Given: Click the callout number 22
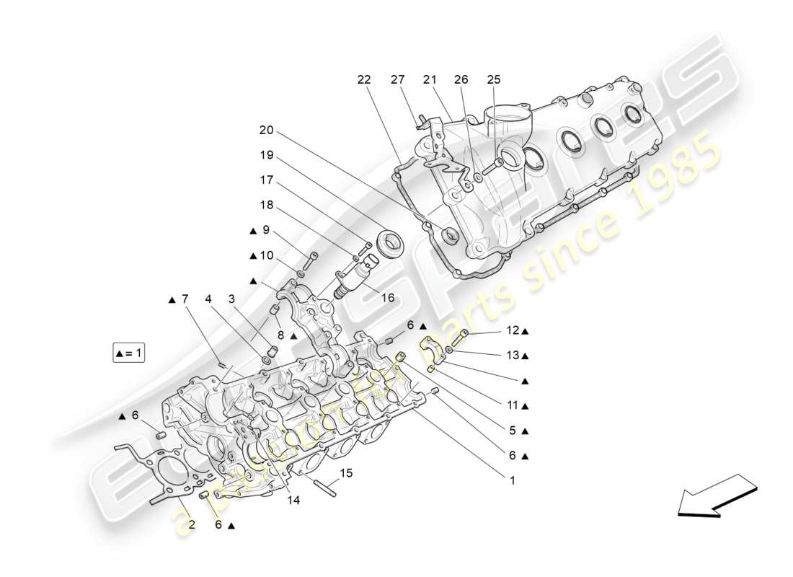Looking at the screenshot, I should coord(363,79).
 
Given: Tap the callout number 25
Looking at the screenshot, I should coord(493,79).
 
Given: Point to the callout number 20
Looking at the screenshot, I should coord(267,130).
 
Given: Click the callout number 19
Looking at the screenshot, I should coord(267,154).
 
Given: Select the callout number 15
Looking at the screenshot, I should coord(346,473).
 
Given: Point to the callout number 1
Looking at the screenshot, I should coord(513,479).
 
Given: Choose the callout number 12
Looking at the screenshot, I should coord(513,330).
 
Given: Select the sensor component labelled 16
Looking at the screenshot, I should coord(352,276).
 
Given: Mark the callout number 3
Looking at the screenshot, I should coord(232,298).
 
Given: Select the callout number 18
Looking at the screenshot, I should coord(267,205).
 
